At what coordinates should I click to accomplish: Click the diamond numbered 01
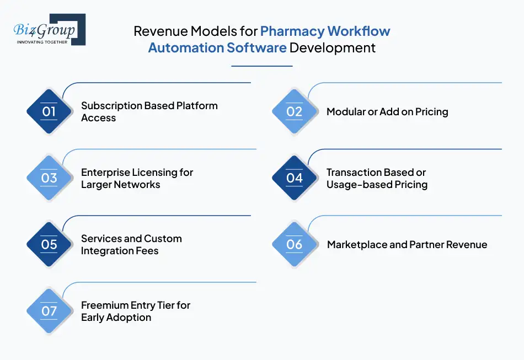click(49, 111)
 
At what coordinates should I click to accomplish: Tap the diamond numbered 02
click(295, 111)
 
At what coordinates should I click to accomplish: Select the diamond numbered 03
click(49, 178)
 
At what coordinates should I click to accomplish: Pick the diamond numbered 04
click(295, 178)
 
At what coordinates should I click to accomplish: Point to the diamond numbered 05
click(49, 244)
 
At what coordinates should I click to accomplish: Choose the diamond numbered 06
click(295, 244)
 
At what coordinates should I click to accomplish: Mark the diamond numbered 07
click(49, 311)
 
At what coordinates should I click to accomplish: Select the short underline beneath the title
click(261, 66)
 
